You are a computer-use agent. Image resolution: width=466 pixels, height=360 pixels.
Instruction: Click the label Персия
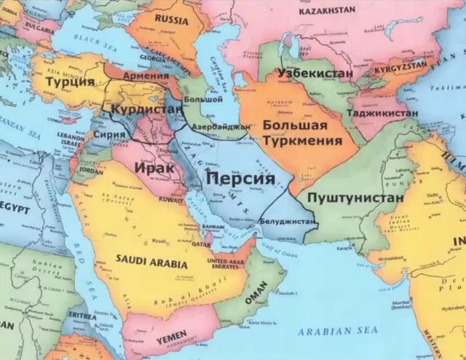pyautogui.click(x=240, y=179)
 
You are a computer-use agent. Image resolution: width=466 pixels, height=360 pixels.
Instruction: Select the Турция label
pyautogui.click(x=70, y=82)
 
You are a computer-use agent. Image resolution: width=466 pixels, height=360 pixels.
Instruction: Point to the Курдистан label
pyautogui.click(x=146, y=109)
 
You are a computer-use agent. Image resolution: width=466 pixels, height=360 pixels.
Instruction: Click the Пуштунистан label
pyautogui.click(x=355, y=197)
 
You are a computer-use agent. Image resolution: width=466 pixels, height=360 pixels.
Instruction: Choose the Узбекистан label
pyautogui.click(x=315, y=74)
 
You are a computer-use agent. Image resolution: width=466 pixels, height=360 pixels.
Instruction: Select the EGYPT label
pyautogui.click(x=15, y=208)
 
